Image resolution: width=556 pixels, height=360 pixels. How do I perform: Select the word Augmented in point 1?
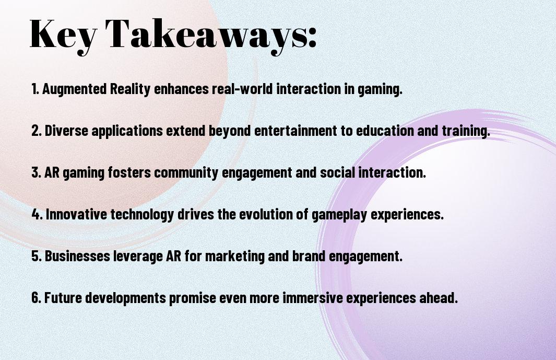[x=75, y=89]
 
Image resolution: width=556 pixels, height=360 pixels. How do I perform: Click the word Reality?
[x=130, y=89]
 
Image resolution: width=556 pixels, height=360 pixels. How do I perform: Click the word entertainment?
[x=295, y=131]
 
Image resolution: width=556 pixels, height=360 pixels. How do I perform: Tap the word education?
[x=385, y=131]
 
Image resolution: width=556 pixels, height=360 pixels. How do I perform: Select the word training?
[x=466, y=131]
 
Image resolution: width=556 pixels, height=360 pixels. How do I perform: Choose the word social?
[x=338, y=172]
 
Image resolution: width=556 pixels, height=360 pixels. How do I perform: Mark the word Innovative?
[x=76, y=214]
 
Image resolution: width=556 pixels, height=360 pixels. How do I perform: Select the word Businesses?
[x=77, y=256]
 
